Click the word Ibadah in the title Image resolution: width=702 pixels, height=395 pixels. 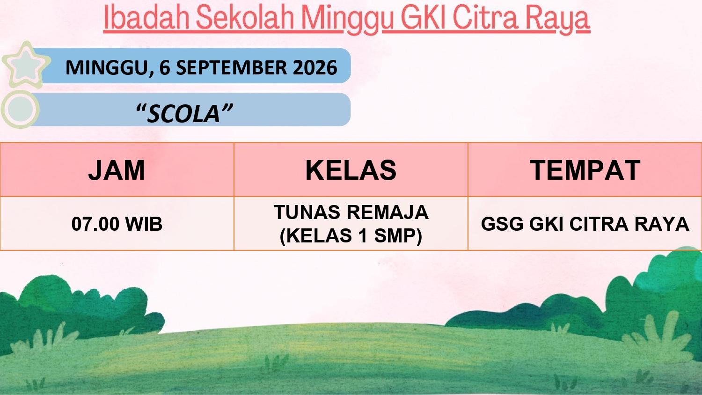(146, 18)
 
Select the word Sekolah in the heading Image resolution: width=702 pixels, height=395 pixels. (245, 18)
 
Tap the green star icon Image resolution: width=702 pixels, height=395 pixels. (26, 65)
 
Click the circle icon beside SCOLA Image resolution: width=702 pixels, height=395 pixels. (20, 109)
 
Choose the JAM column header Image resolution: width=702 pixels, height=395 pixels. (117, 170)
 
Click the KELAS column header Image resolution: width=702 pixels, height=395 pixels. (351, 170)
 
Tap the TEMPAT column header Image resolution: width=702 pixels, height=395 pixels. (585, 170)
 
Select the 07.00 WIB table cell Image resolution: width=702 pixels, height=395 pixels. (117, 224)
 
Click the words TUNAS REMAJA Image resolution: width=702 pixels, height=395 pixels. (351, 212)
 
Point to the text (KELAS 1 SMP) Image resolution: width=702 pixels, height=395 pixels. (351, 236)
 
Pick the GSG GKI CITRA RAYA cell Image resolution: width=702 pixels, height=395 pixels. (585, 224)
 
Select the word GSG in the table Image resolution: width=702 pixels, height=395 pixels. (502, 224)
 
